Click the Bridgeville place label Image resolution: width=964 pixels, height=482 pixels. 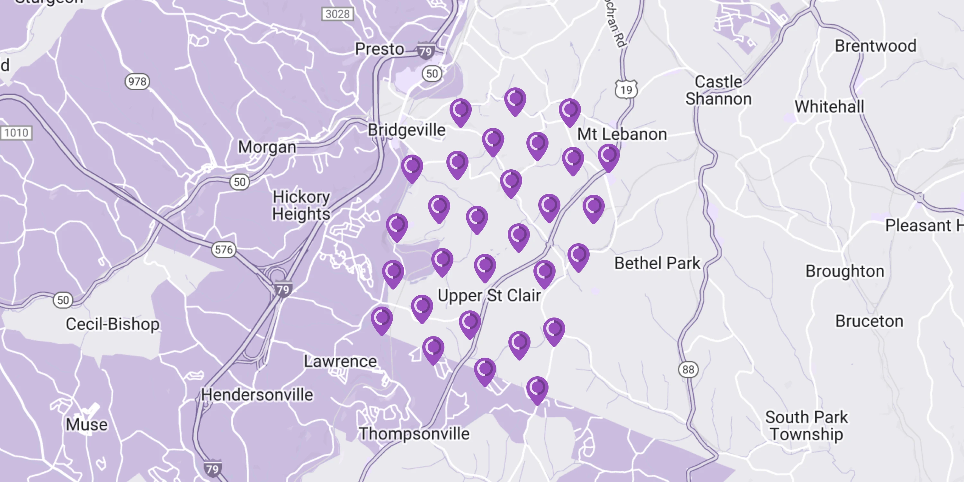(406, 130)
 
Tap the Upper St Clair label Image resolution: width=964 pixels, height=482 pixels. (489, 296)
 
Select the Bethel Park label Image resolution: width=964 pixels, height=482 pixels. (657, 263)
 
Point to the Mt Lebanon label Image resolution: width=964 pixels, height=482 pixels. (622, 134)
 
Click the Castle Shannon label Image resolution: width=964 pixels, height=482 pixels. (719, 91)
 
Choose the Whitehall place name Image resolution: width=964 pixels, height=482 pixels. (829, 107)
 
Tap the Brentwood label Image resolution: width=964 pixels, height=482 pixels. (876, 46)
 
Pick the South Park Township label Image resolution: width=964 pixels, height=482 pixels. (807, 425)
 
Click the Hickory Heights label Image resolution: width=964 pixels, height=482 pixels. (301, 205)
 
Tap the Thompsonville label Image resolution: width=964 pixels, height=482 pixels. (414, 434)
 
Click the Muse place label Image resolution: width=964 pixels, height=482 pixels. (87, 425)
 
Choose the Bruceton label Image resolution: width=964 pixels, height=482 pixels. (869, 321)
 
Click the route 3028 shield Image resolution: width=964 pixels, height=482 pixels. (337, 14)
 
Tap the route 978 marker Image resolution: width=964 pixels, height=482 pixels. (137, 82)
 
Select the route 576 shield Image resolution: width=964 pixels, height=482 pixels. (224, 250)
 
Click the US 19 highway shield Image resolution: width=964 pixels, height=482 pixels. (626, 89)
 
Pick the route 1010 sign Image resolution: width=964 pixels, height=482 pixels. (16, 133)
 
